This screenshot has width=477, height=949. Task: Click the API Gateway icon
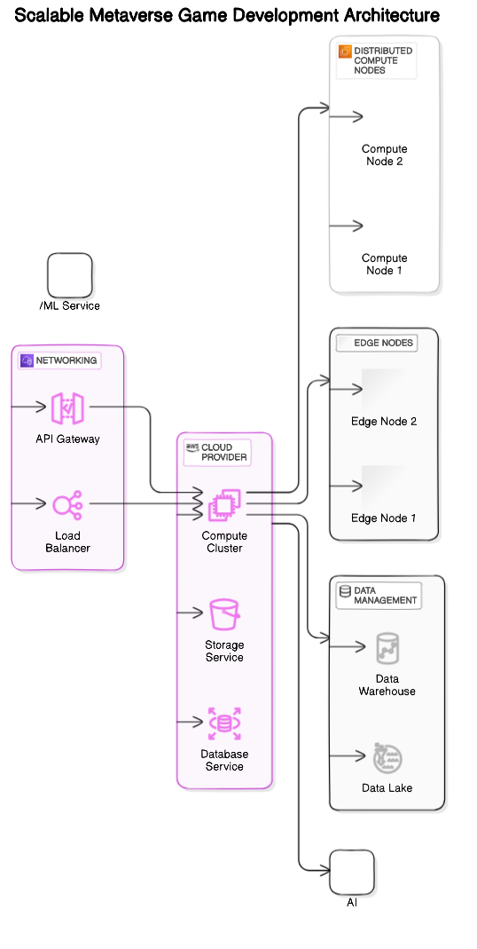[67, 407]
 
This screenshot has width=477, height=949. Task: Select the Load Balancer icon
[67, 504]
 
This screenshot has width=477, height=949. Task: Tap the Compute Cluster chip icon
[224, 505]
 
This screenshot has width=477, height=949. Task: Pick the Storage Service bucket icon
[224, 613]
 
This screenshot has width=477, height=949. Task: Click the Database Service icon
[224, 723]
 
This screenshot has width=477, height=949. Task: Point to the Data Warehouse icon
[387, 648]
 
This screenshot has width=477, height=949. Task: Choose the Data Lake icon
[387, 756]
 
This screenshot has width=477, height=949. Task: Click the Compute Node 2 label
[385, 155]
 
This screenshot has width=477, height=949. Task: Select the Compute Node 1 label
[385, 265]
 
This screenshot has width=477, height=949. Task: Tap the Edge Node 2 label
[384, 422]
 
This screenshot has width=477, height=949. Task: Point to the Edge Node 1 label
[384, 518]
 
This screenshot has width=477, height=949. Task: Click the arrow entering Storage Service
[191, 613]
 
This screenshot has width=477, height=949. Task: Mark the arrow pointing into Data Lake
[349, 756]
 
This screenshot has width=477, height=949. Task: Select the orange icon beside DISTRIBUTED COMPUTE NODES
[345, 51]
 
